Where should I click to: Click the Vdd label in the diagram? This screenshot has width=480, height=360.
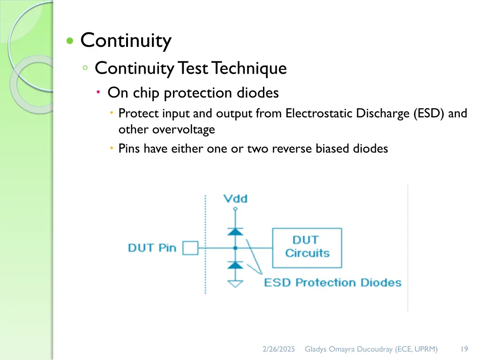point(235,199)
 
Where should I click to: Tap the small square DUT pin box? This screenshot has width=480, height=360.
point(190,247)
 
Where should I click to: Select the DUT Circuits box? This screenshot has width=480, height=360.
point(307,247)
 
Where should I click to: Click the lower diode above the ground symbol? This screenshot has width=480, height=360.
point(235,265)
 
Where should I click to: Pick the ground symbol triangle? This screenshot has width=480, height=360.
point(235,283)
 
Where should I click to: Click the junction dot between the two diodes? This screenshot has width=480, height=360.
point(235,247)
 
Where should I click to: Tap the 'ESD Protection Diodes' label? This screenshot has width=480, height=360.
point(333,283)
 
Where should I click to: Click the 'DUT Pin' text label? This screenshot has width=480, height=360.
point(152,247)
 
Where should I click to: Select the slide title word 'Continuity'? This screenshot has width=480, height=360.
point(126,41)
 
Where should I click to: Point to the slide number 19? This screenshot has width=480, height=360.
point(464,349)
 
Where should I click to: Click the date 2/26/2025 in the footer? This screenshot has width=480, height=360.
point(279,349)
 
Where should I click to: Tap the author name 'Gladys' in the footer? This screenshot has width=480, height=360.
point(317,349)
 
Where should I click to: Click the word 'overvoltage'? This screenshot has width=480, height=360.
point(183,129)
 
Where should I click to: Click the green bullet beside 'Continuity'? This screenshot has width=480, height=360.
point(70,41)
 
